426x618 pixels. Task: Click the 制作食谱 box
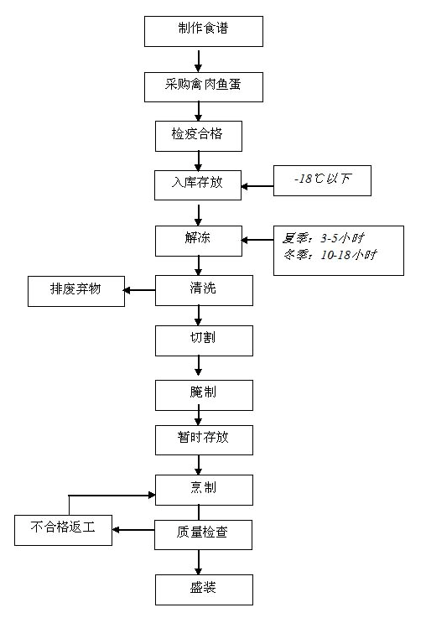[x=203, y=32]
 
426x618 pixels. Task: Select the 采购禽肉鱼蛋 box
[x=203, y=87]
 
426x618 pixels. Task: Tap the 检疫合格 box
[x=199, y=136]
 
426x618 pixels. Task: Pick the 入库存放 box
[x=198, y=185]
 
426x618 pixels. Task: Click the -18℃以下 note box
[x=322, y=180]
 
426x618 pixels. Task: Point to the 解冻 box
[x=199, y=241]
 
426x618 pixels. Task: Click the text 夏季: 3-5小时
[x=323, y=238]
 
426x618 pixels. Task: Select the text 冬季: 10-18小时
[x=330, y=255]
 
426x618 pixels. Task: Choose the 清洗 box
[x=204, y=290]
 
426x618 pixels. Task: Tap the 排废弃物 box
[x=76, y=291]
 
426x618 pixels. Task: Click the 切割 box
[x=204, y=341]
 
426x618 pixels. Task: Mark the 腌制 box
[x=204, y=395]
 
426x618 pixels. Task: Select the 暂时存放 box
[x=204, y=440]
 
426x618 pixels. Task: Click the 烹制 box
[x=204, y=490]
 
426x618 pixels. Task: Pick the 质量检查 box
[x=203, y=535]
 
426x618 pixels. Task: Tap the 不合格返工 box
[x=63, y=530]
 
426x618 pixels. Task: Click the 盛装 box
[x=204, y=589]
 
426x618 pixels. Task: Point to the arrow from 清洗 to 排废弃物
[x=139, y=290]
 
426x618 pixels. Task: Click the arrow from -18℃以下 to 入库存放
[x=257, y=186]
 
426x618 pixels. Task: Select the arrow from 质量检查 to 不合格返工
[x=133, y=530]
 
